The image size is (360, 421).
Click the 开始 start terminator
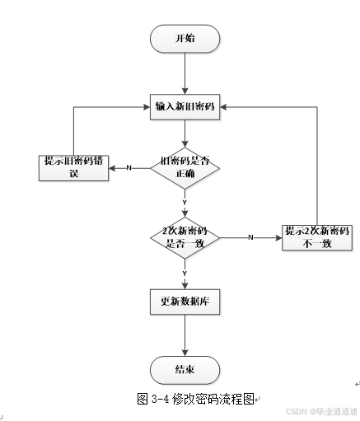tap(185, 39)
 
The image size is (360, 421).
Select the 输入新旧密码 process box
tap(185, 106)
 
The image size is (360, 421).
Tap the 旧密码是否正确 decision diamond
tap(185, 168)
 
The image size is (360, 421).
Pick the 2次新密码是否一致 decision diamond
tap(185, 238)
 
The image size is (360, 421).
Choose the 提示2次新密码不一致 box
tap(317, 237)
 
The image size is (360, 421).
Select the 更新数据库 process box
tap(185, 302)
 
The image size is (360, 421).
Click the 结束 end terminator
tap(185, 370)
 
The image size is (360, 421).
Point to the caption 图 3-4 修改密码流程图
tap(198, 398)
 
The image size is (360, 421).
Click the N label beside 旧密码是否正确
tap(129, 168)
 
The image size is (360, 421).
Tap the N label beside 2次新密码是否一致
tap(250, 237)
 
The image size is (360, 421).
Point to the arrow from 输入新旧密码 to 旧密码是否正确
tap(185, 133)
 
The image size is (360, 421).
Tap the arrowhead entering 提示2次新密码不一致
tap(278, 237)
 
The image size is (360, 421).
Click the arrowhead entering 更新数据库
tap(185, 284)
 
